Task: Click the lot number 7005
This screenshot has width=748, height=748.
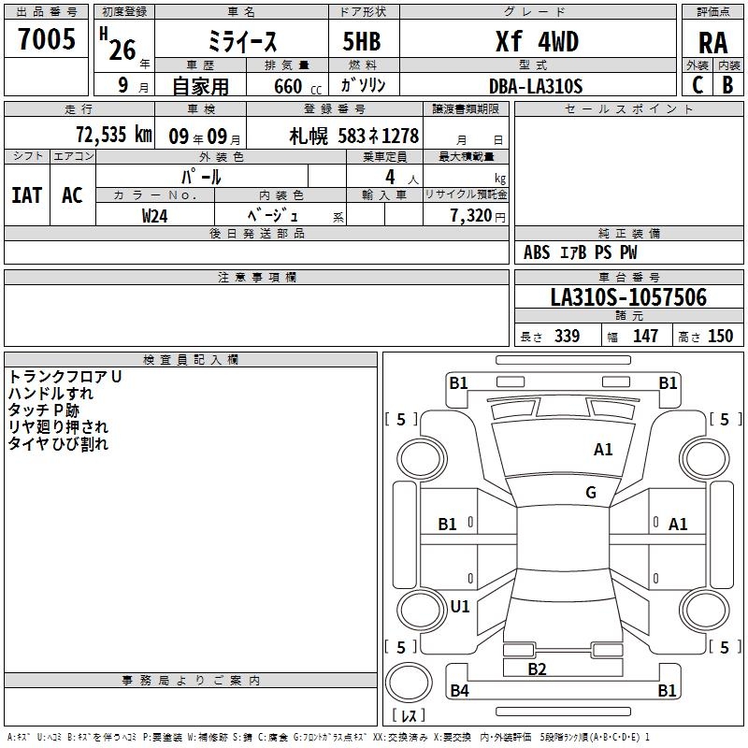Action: [47, 39]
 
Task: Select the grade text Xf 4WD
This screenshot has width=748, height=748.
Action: [537, 41]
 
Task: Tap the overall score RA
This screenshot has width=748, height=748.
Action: [713, 43]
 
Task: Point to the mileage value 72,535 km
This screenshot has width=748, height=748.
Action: [114, 135]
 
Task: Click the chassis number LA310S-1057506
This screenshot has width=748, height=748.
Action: [628, 297]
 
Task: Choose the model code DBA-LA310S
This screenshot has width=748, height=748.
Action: [536, 86]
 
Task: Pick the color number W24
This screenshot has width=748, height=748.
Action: [154, 216]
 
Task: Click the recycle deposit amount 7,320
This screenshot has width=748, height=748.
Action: [471, 216]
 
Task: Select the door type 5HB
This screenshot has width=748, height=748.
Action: [362, 41]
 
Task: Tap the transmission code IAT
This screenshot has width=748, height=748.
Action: [27, 195]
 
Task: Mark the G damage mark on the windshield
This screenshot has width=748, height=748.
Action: [591, 493]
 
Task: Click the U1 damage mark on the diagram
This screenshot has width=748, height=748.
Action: [460, 606]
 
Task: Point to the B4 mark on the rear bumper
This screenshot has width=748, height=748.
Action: [459, 690]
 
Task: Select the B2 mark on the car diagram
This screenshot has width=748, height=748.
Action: [537, 669]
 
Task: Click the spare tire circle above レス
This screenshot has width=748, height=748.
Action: [409, 683]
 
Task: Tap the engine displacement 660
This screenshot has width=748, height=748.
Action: [288, 86]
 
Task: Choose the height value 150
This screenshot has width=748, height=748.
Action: [720, 337]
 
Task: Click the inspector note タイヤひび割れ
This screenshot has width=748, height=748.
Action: [58, 443]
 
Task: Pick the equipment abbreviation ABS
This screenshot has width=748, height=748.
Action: [537, 252]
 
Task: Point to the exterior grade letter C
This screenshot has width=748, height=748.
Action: [698, 85]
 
